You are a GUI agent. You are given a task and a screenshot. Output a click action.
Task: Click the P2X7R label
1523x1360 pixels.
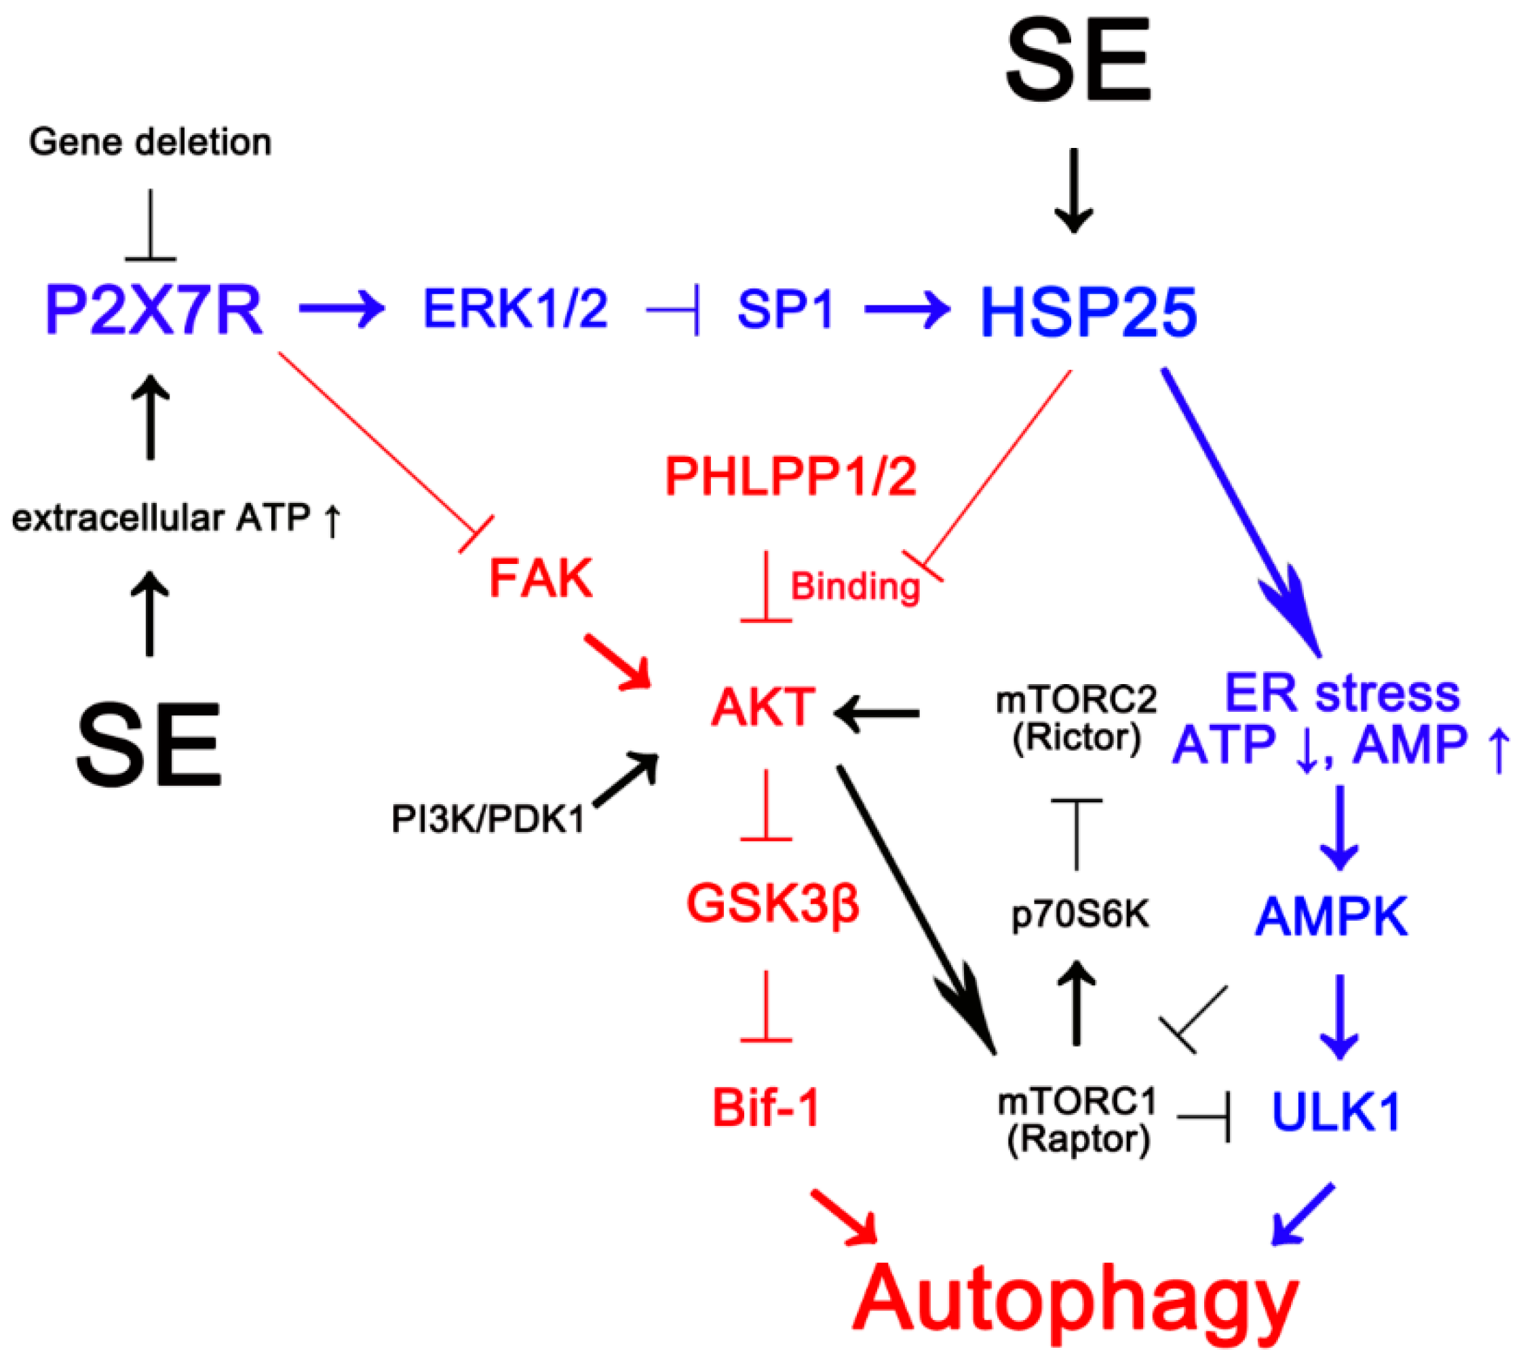pos(154,309)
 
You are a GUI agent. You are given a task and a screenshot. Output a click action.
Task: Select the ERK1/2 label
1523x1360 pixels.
pos(516,308)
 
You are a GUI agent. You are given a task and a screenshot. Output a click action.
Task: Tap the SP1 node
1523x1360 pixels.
pos(785,309)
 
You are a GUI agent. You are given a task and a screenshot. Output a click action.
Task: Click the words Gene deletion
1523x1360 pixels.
pos(150,142)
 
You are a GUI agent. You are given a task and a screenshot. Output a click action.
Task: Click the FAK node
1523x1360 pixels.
pos(541,578)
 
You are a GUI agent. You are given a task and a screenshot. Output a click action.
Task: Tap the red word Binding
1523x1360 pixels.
pos(855,586)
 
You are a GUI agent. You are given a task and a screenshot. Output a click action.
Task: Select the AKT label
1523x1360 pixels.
pos(763,707)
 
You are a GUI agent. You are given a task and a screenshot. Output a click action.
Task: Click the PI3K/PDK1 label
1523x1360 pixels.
pos(488,819)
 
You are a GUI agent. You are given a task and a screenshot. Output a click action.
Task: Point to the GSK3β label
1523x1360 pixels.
pos(772,903)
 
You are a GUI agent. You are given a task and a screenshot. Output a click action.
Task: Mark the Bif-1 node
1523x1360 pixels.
pos(767,1108)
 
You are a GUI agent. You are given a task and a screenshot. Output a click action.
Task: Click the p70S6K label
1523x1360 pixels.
pos(1080,914)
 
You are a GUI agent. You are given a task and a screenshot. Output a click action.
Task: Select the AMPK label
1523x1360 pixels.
pos(1331,916)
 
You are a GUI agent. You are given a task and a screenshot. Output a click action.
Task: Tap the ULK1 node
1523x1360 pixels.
pos(1336,1112)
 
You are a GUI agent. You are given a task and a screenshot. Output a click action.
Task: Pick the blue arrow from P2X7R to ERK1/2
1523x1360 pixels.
pos(341,308)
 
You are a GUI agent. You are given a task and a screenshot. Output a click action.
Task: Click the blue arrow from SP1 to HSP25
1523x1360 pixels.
pos(907,308)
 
